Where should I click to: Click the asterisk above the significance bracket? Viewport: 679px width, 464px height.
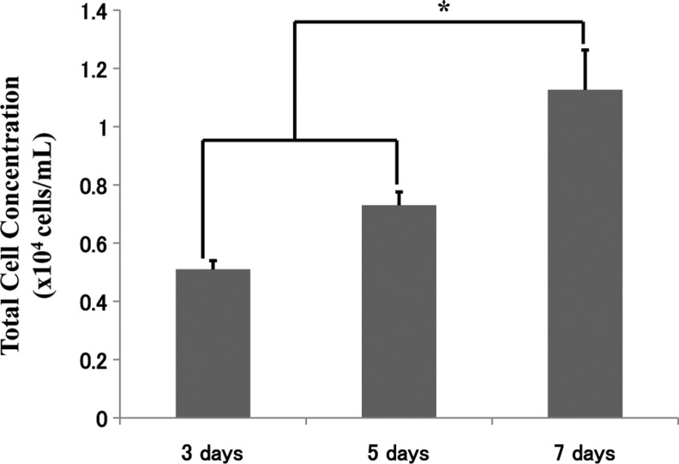click(444, 9)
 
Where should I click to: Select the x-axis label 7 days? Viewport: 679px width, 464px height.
click(585, 450)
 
